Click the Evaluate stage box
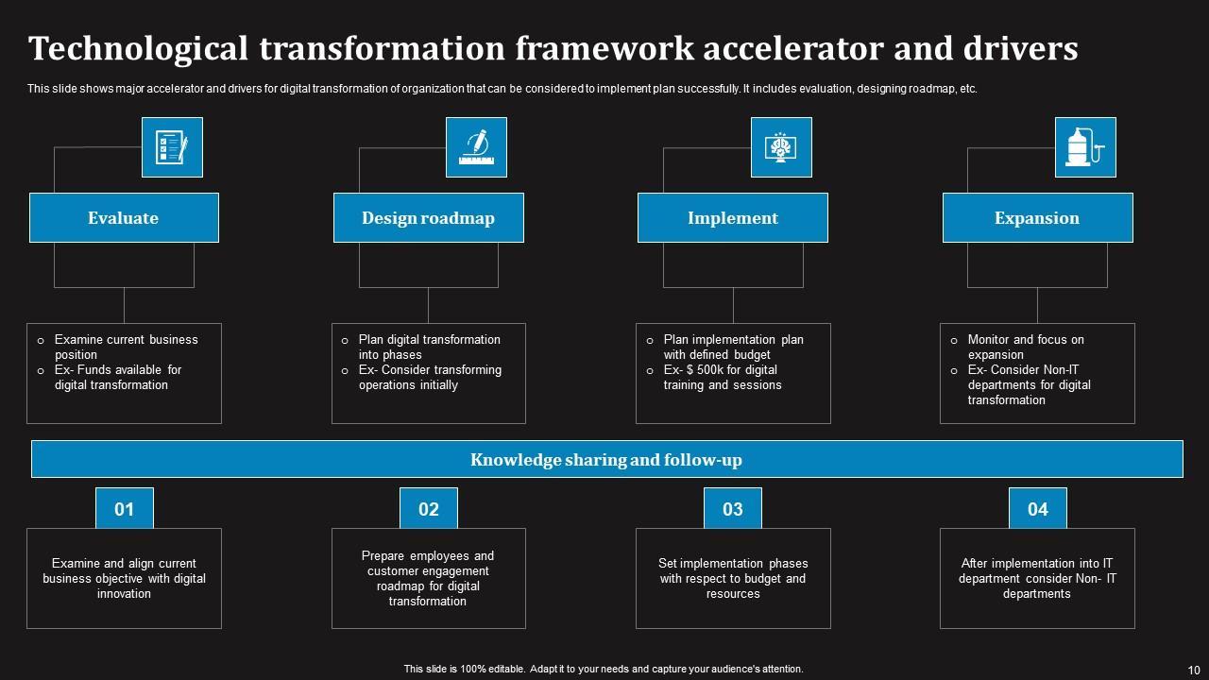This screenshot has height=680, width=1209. [124, 218]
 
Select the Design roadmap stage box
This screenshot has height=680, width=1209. [428, 218]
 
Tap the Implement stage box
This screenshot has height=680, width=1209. [733, 218]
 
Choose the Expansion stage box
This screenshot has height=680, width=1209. [1037, 218]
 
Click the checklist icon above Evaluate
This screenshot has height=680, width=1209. [172, 147]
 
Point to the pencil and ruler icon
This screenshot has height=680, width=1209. [476, 147]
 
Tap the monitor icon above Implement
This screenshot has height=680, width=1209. [781, 147]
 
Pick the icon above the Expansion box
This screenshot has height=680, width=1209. [1085, 147]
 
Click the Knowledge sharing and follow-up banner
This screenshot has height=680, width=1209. [606, 460]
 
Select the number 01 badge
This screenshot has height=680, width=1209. [125, 509]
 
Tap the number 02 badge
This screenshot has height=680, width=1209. [429, 509]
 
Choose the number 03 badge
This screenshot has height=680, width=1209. [733, 509]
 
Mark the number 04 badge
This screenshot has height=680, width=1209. [1038, 509]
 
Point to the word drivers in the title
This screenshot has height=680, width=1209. [1021, 48]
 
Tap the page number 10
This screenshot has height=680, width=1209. [1192, 669]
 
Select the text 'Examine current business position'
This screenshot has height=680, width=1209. [126, 347]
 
